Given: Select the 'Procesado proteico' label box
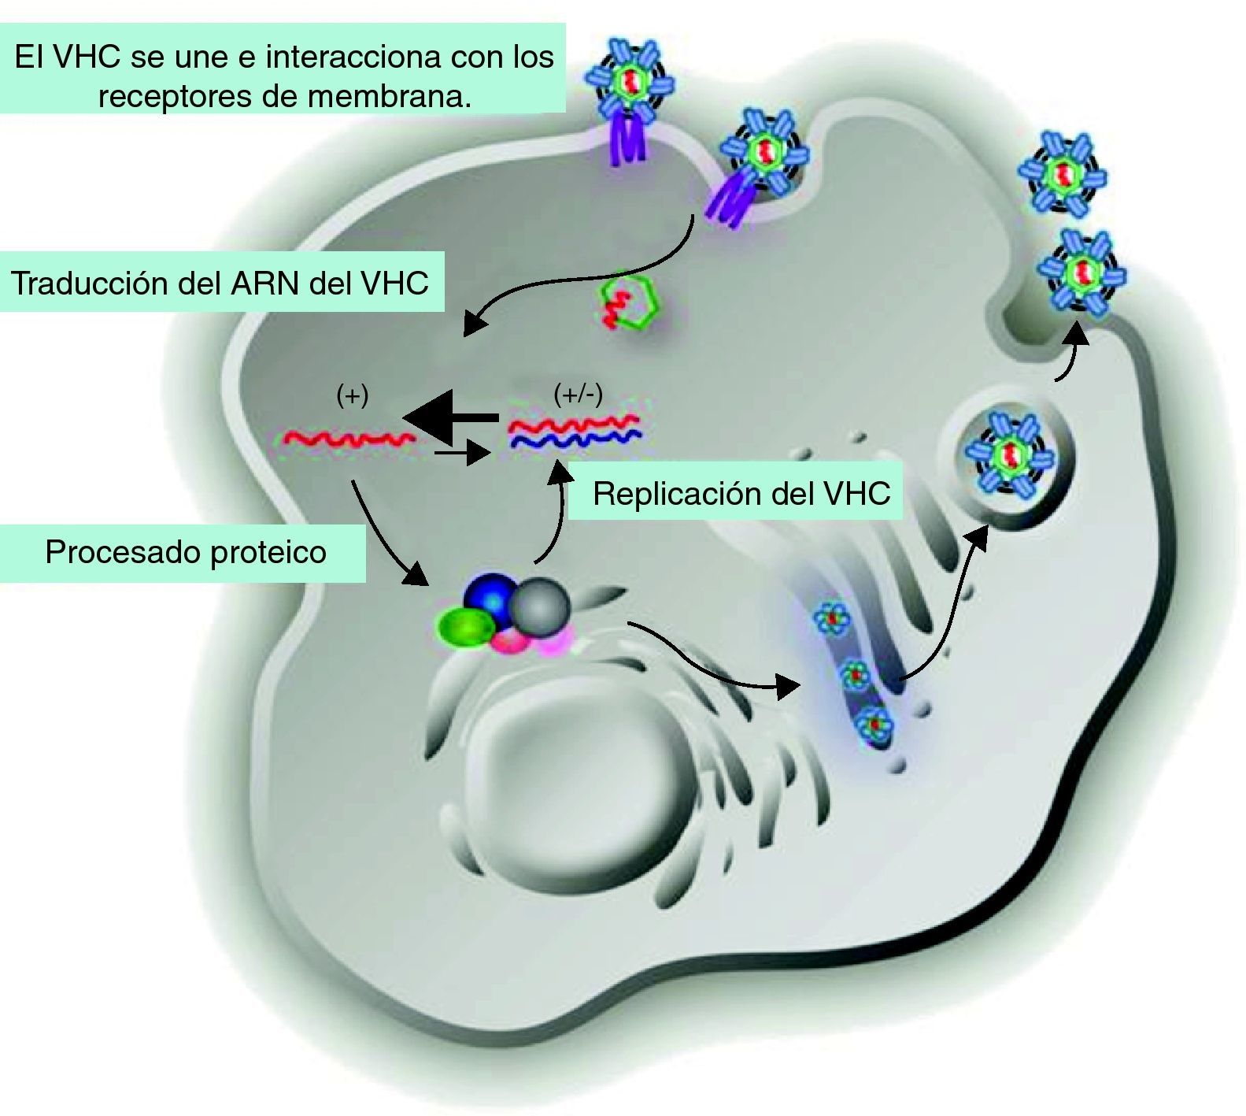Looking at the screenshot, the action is pyautogui.click(x=186, y=552).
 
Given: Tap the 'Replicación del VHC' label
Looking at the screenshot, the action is pyautogui.click(x=741, y=494).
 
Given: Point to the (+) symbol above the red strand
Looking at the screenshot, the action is pyautogui.click(x=352, y=395).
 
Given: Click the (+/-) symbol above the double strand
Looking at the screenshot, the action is pyautogui.click(x=578, y=394).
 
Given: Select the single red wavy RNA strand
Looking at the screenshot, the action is pyautogui.click(x=349, y=438).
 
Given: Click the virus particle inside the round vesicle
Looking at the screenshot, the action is pyautogui.click(x=1010, y=454).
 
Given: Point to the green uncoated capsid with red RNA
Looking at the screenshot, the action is pyautogui.click(x=630, y=302).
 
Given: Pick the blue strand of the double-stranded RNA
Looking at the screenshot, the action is pyautogui.click(x=575, y=439).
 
